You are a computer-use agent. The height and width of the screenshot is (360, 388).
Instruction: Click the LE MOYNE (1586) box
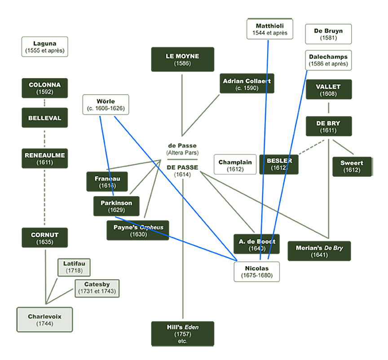pyautogui.click(x=182, y=59)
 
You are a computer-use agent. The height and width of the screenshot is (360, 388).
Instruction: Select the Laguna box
pyautogui.click(x=45, y=47)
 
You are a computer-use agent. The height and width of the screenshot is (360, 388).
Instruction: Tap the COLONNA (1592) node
pyautogui.click(x=45, y=88)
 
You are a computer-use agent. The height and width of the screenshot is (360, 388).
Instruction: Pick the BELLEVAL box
pyautogui.click(x=45, y=118)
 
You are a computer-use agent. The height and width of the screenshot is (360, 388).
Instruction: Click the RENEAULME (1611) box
pyautogui.click(x=45, y=158)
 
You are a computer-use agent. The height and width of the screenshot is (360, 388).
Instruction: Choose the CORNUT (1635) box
pyautogui.click(x=45, y=237)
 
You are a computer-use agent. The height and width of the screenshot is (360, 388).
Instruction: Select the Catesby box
pyautogui.click(x=97, y=288)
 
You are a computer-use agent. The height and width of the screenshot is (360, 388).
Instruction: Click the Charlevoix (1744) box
pyautogui.click(x=44, y=320)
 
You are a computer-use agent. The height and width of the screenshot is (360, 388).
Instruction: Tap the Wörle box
pyautogui.click(x=106, y=105)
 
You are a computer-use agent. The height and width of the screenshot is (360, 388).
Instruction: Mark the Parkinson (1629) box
pyautogui.click(x=116, y=206)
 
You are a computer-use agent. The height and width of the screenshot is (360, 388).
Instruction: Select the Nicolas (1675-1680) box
pyautogui.click(x=257, y=272)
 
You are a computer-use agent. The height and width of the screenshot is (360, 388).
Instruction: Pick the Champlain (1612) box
pyautogui.click(x=235, y=165)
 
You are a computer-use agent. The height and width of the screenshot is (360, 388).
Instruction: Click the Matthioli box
pyautogui.click(x=270, y=29)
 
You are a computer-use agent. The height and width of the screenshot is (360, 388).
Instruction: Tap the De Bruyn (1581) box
pyautogui.click(x=328, y=34)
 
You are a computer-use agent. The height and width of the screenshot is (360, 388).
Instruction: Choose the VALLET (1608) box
pyautogui.click(x=328, y=90)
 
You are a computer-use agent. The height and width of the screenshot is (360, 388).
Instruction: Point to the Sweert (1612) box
pyautogui.click(x=352, y=167)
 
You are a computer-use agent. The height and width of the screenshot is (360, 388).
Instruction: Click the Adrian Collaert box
pyautogui.click(x=247, y=84)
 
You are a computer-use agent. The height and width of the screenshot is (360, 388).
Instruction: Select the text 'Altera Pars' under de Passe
pyautogui.click(x=182, y=153)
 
